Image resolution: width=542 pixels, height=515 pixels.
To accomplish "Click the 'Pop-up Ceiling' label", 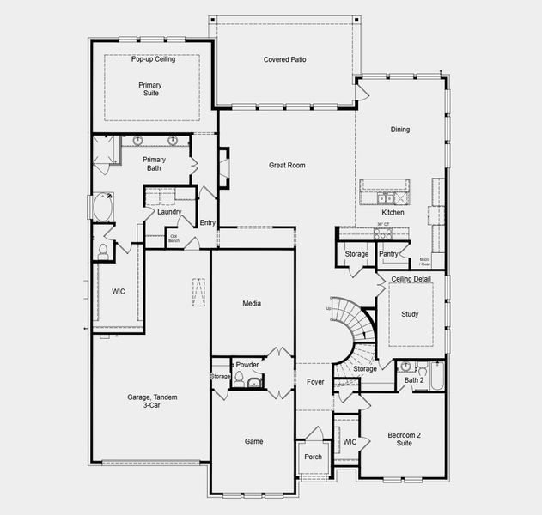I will (x=152, y=59).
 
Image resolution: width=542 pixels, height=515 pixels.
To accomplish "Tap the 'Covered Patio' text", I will (x=284, y=59).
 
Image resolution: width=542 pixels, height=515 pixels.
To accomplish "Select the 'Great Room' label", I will (x=287, y=165).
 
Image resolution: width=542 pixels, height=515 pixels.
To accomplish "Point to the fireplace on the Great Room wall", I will (x=224, y=167).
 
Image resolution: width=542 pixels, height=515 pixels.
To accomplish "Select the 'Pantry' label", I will (x=389, y=254).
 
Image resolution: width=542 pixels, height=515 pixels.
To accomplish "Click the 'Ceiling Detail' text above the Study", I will (x=411, y=279).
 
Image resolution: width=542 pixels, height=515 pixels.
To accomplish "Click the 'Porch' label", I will (x=314, y=457).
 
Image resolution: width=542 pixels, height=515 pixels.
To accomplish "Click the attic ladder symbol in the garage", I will (x=198, y=293).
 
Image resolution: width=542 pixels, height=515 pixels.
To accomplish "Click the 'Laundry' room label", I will (x=170, y=211).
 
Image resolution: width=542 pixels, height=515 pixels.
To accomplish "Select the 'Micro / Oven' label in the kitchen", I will (x=425, y=261).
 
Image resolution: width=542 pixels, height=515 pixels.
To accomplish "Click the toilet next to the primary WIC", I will (x=103, y=251).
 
